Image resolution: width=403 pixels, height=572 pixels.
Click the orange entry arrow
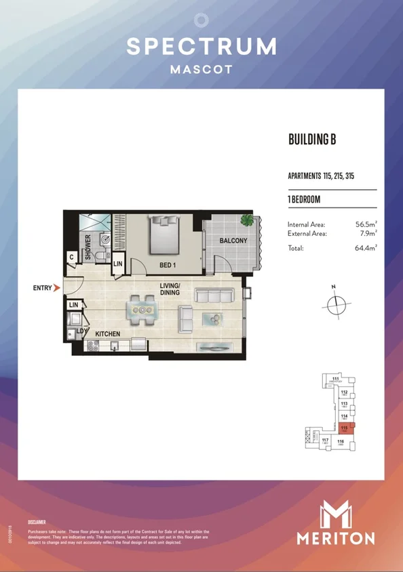click(x=57, y=288)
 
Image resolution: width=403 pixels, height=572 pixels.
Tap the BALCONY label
click(x=233, y=241)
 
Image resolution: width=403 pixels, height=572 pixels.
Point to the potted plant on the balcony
click(x=248, y=221)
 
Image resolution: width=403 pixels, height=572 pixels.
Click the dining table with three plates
click(x=142, y=310)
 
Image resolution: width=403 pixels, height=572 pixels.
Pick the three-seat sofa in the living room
click(x=214, y=295)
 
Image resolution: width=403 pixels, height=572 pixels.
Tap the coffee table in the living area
click(x=215, y=319)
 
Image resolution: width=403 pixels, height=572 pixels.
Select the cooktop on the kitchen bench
click(x=92, y=346)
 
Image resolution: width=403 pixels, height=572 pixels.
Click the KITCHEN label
click(x=107, y=334)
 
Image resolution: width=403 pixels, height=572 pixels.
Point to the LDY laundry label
click(x=80, y=331)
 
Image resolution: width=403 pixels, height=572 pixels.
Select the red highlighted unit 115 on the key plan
click(x=346, y=429)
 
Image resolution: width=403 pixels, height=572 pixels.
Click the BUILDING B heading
click(x=313, y=140)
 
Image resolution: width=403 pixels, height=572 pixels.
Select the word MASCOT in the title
click(x=201, y=69)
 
